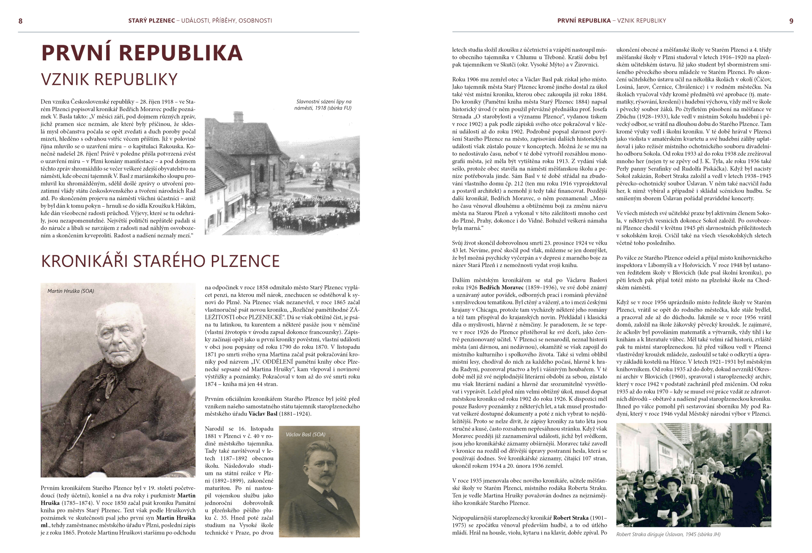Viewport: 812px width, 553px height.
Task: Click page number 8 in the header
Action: [20, 21]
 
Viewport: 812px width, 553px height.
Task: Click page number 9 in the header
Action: [791, 21]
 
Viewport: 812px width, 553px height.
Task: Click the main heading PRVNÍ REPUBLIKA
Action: [142, 53]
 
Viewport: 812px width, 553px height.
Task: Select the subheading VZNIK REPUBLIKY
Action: [109, 79]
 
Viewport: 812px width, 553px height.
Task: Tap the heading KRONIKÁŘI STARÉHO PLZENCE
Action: [160, 261]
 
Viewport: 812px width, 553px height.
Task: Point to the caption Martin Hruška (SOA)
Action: [71, 291]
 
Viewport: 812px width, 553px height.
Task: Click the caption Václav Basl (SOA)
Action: [305, 434]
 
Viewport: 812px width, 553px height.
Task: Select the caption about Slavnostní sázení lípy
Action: [324, 104]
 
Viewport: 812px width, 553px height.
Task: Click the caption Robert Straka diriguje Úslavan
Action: [668, 534]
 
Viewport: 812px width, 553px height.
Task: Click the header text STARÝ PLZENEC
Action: [151, 21]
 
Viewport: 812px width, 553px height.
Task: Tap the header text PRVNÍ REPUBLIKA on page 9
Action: [584, 21]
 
